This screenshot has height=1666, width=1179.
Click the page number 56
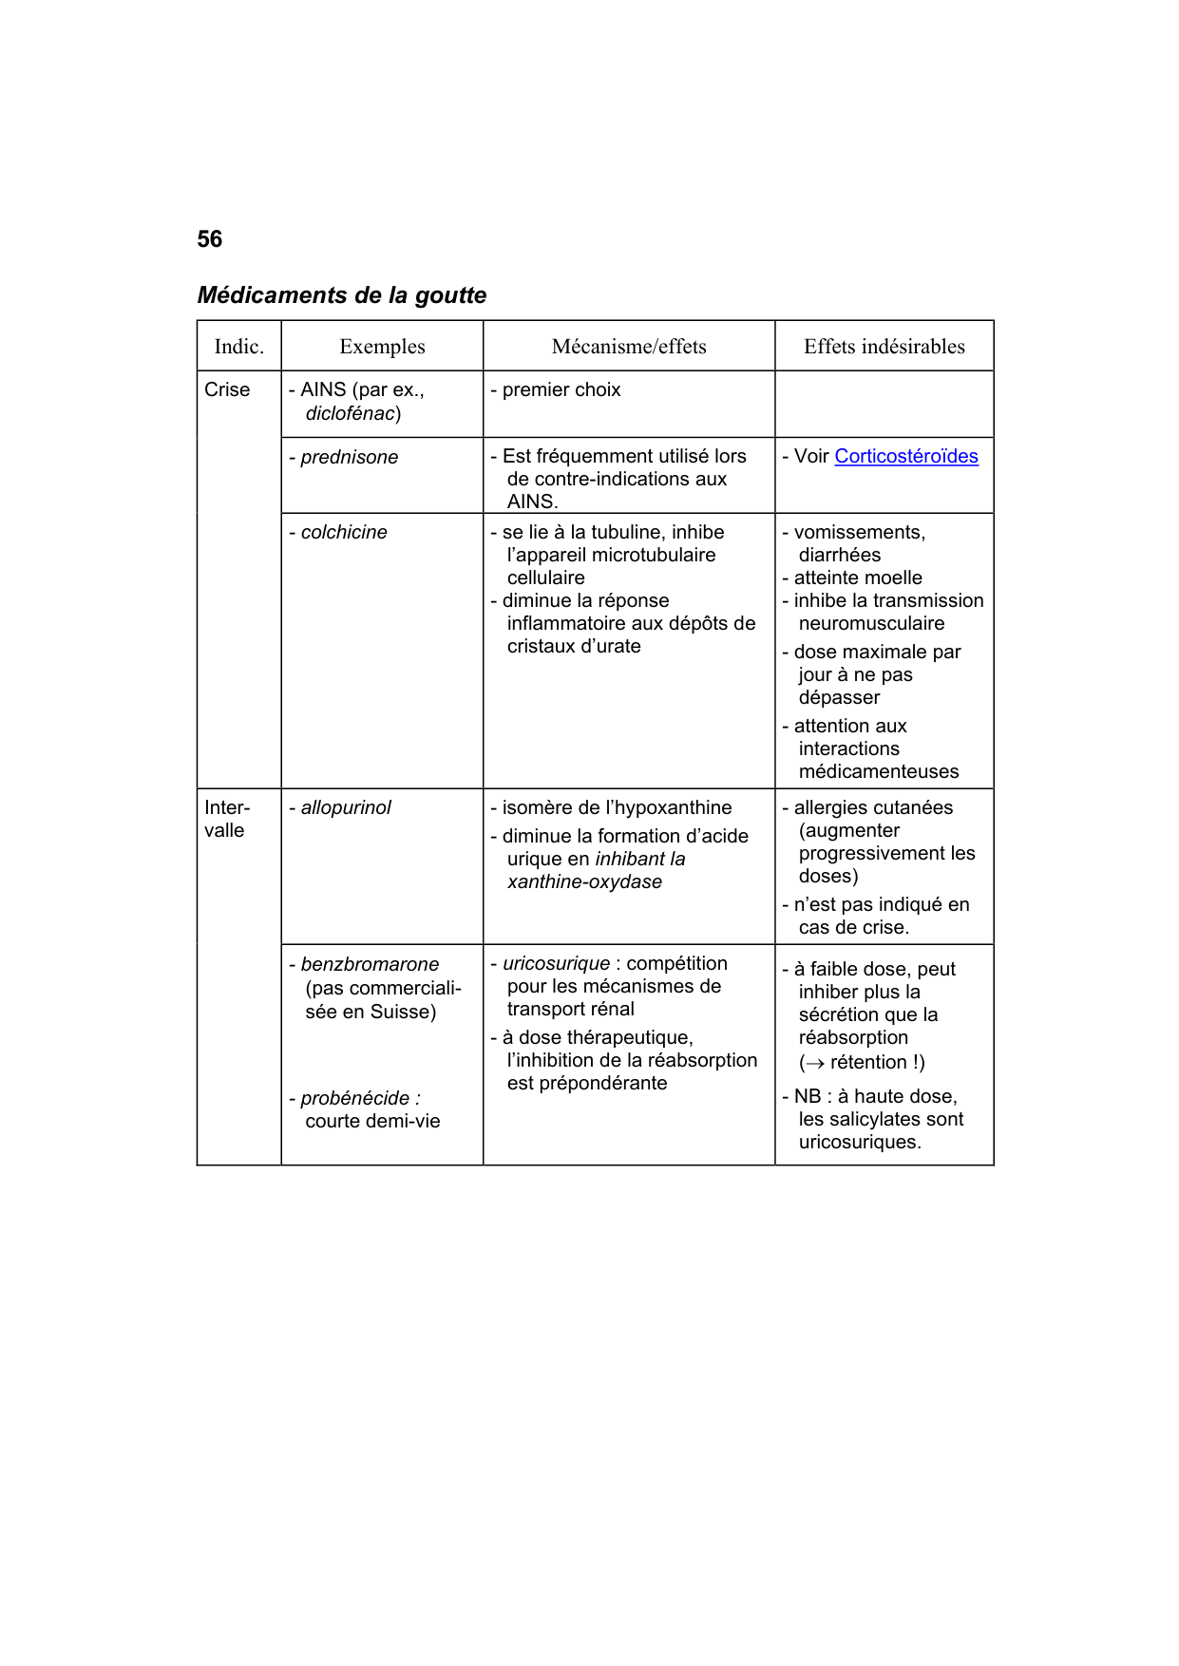(209, 239)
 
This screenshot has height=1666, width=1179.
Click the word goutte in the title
(450, 295)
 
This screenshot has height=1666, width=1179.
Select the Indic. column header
(238, 347)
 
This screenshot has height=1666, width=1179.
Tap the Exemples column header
(382, 347)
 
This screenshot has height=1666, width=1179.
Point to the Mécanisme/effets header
(629, 347)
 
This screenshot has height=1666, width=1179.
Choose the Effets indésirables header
(884, 347)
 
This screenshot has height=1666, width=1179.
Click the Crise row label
(227, 389)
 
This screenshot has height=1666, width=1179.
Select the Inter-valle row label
(226, 819)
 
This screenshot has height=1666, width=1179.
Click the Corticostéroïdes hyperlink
(905, 456)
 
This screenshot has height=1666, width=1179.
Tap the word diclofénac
(350, 413)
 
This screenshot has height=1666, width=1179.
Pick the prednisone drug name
(349, 457)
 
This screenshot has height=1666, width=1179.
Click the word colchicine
(344, 532)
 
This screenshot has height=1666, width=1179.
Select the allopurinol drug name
(346, 807)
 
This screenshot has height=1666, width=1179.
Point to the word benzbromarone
(370, 964)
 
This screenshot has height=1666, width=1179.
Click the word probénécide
(354, 1098)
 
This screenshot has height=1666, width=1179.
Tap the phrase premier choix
(561, 389)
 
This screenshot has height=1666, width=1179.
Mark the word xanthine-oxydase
(584, 881)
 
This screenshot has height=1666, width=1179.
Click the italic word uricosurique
(556, 963)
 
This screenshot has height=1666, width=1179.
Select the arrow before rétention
(814, 1063)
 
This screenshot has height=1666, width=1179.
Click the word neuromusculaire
(871, 623)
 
